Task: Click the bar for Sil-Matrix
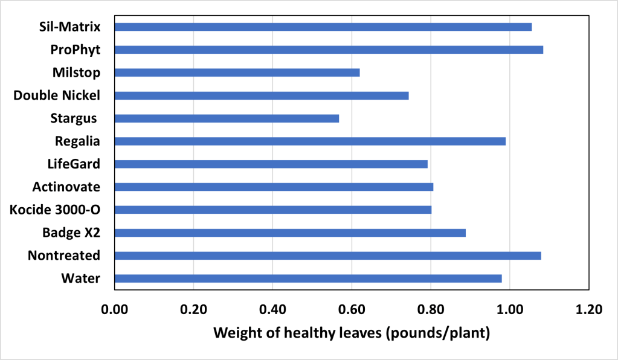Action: coord(323,27)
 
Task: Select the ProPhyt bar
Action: coord(329,50)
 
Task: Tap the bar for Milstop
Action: coord(237,72)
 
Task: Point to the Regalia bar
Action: coord(310,141)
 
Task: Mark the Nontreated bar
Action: coord(327,256)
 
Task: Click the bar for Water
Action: coord(307,278)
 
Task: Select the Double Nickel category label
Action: coord(57,95)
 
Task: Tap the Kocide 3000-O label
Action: coord(55,210)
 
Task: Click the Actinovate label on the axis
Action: coord(66,187)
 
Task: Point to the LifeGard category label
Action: coord(74,164)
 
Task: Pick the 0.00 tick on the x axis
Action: coord(114,310)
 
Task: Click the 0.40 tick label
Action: coord(272,310)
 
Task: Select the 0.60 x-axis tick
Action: coord(351,310)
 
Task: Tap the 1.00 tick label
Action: coord(509,310)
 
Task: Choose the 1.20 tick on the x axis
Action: coord(588,310)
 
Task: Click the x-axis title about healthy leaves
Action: coord(351,333)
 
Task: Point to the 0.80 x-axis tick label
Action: coord(430,310)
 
